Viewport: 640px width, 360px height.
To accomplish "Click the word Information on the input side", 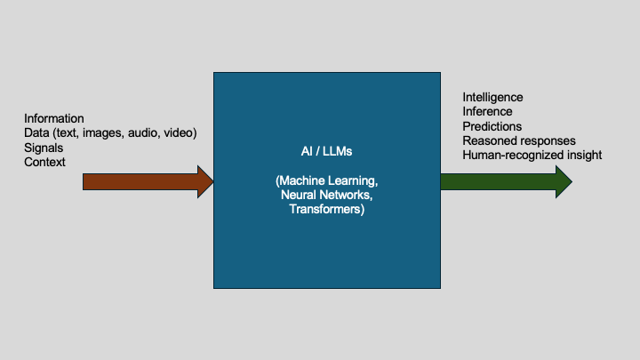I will (x=54, y=118).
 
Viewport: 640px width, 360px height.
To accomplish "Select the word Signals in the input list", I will (x=44, y=148).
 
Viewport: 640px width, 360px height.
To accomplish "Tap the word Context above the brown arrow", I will (x=44, y=162).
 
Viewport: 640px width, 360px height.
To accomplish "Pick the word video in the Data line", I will (x=178, y=133).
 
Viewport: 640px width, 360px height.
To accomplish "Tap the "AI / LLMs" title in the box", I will (x=326, y=151).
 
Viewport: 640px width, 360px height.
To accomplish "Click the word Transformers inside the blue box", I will (x=326, y=210).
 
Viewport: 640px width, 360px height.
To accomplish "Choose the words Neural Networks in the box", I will (x=326, y=196).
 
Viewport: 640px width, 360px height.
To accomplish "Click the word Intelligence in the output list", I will (x=492, y=97).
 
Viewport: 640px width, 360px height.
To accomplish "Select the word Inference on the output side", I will (x=487, y=111).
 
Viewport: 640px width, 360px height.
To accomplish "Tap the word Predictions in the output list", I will (x=492, y=126).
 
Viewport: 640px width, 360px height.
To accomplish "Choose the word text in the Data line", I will (x=68, y=133).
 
